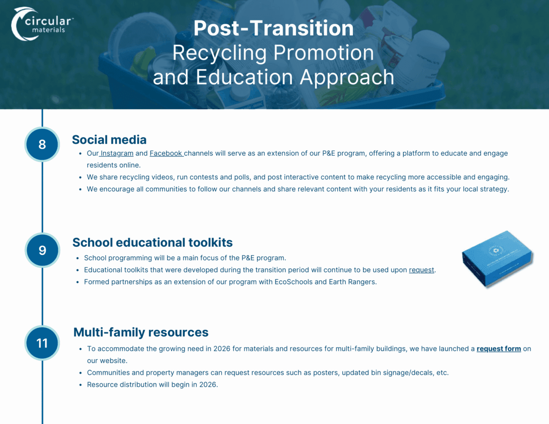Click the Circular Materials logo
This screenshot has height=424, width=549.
pyautogui.click(x=42, y=24)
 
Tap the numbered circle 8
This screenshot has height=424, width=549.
pyautogui.click(x=42, y=144)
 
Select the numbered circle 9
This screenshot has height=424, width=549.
pyautogui.click(x=42, y=250)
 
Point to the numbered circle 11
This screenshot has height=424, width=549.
pyautogui.click(x=42, y=343)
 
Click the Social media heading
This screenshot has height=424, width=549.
pyautogui.click(x=109, y=140)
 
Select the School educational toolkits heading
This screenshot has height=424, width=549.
pyautogui.click(x=152, y=242)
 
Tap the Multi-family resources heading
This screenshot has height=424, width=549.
pyautogui.click(x=141, y=332)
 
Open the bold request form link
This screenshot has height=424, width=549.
pyautogui.click(x=499, y=349)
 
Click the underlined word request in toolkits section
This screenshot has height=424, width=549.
pyautogui.click(x=421, y=270)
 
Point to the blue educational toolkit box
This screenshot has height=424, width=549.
pyautogui.click(x=497, y=259)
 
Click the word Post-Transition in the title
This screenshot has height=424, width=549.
pyautogui.click(x=274, y=28)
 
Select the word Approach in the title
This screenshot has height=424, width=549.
pyautogui.click(x=347, y=77)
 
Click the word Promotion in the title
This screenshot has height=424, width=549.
pyautogui.click(x=323, y=53)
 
